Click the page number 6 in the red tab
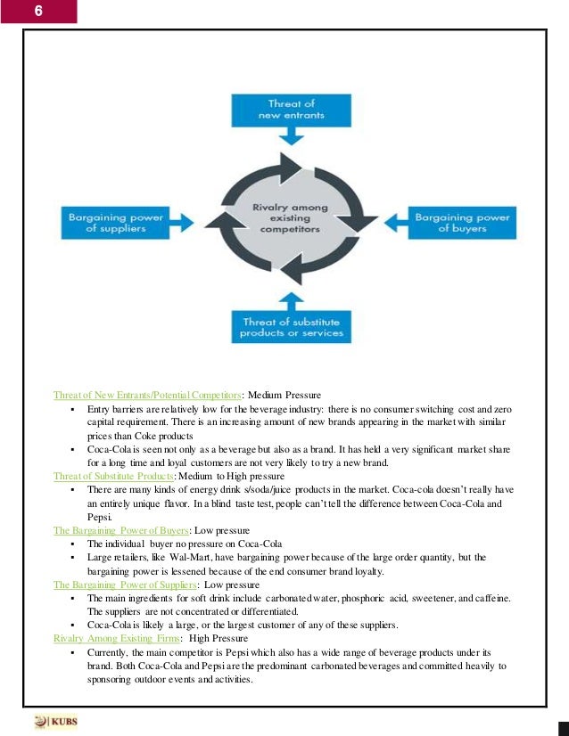click(38, 12)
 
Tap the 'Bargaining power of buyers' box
click(461, 221)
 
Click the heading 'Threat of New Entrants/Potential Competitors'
click(148, 394)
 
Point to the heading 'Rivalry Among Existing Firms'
click(116, 639)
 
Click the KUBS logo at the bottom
click(56, 720)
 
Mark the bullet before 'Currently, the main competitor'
click(70, 653)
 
